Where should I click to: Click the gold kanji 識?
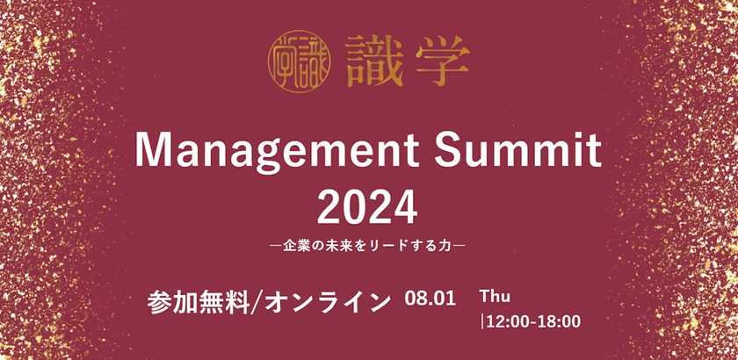364,61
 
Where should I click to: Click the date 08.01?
430,299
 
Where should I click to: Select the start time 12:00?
506,321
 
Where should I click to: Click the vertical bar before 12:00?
482,321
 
